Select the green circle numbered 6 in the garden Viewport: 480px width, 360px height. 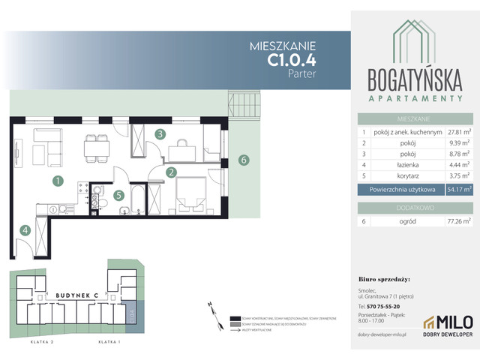[x=242, y=160]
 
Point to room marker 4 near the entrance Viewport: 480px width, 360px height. [x=25, y=230]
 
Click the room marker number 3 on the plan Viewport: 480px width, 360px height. [x=160, y=134]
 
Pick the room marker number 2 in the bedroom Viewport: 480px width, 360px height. [x=171, y=172]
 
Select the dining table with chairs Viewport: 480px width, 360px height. [x=97, y=147]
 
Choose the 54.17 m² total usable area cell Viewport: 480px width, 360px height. [x=457, y=190]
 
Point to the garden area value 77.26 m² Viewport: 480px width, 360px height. [x=457, y=221]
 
